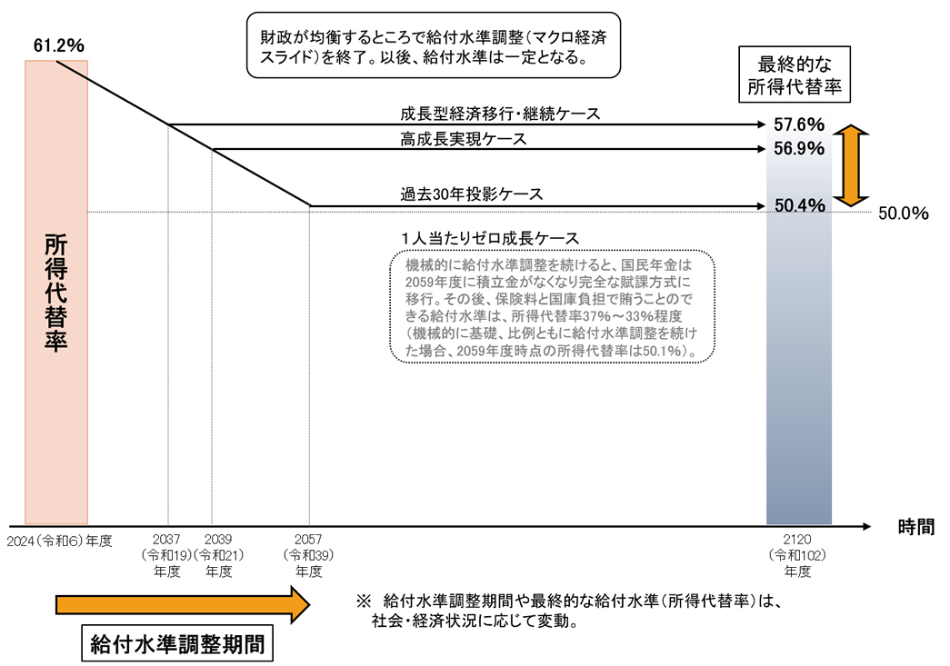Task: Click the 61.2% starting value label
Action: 59,45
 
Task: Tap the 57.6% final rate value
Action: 799,124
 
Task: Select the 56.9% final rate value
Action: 799,148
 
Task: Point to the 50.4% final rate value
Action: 800,205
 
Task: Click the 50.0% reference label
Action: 904,214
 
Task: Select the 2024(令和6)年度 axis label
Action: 59,541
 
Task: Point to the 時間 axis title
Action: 916,527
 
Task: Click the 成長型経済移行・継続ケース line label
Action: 500,114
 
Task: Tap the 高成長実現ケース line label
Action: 464,139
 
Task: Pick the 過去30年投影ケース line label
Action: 472,194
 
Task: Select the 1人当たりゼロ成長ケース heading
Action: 490,238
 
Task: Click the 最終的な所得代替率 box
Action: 795,75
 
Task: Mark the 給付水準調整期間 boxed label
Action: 177,643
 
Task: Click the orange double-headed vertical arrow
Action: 851,166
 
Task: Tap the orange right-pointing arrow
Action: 183,604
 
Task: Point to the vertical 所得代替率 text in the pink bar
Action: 55,293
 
